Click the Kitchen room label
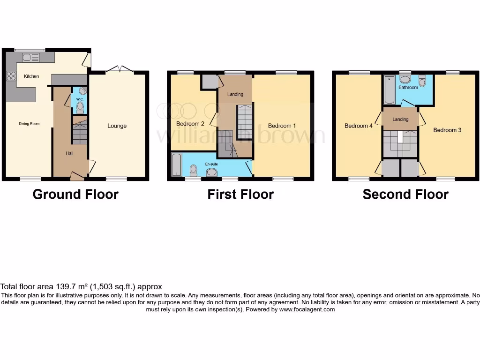pos(31,76)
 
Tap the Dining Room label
pos(29,124)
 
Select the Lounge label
pos(117,126)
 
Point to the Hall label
pos(69,153)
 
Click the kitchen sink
pos(31,58)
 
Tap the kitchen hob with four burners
pos(10,76)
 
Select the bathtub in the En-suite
pos(176,165)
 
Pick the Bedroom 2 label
pos(190,124)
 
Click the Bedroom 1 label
pos(282,126)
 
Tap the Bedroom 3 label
pos(447,130)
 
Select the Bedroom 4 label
pos(359,126)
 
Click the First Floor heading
pos(240,194)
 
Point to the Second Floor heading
pos(405,194)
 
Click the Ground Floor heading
pos(75,194)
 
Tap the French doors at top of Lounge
pos(119,69)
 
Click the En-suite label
pos(212,165)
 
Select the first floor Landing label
pos(235,94)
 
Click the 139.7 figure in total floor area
pos(58,286)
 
